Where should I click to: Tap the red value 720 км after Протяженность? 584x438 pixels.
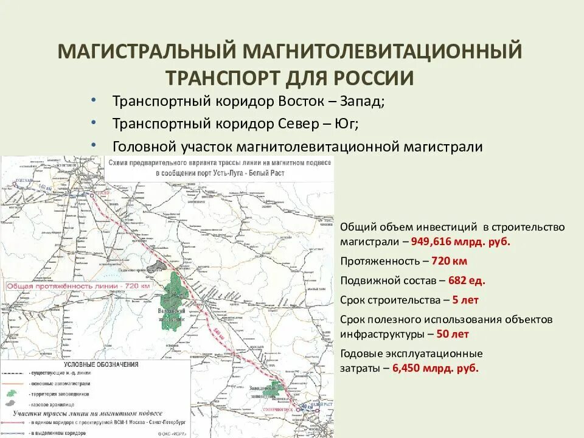pos(450,261)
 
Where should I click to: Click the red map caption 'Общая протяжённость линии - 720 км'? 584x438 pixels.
pos(78,286)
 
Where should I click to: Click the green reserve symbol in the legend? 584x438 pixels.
pos(11,394)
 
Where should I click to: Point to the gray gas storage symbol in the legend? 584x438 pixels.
pos(11,403)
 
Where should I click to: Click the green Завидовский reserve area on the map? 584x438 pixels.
pos(277,389)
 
